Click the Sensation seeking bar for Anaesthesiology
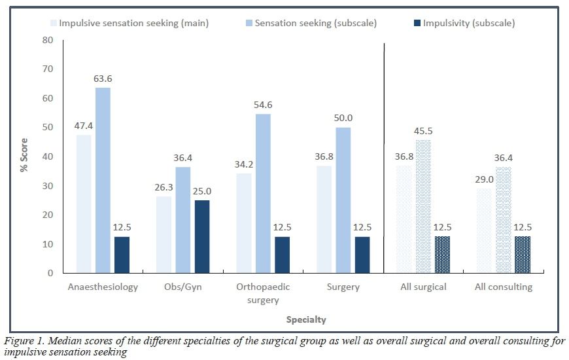[103, 180]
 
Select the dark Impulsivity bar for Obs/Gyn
[201, 236]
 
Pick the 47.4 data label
[84, 126]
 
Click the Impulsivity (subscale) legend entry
[464, 24]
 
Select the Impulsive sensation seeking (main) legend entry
[129, 24]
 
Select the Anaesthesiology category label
[103, 287]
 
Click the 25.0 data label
[201, 192]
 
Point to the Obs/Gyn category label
[182, 287]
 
